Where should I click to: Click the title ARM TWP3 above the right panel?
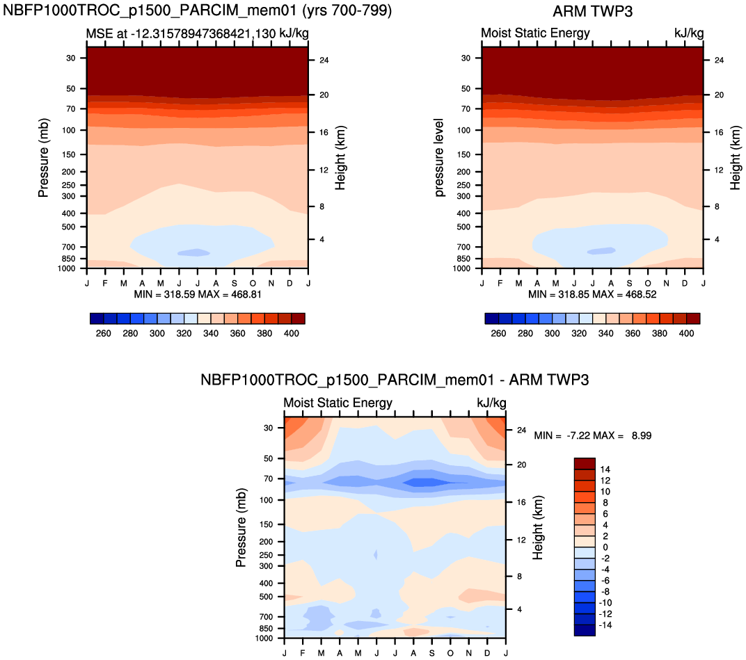pos(592,11)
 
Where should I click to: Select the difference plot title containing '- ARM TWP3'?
pos(395,380)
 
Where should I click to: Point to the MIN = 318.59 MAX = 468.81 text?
pos(198,294)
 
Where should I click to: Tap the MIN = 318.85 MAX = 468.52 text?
pos(592,294)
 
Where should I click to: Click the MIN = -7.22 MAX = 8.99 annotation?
pos(592,435)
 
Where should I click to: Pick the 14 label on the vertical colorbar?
pos(605,469)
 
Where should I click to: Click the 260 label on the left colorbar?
pos(103,333)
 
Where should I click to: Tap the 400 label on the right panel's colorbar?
pos(686,333)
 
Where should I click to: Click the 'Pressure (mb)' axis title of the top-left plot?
pos(43,158)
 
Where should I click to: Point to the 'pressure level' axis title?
pos(438,158)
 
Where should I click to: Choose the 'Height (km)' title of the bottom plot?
pos(538,528)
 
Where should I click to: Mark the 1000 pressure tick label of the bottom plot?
pos(264,638)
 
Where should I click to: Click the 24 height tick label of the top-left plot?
pos(324,60)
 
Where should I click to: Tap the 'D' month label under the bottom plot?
pos(487,653)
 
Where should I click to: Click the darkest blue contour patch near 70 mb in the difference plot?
pos(427,482)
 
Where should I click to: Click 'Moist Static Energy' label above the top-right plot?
pos(535,33)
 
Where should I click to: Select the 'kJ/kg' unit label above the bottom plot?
pos(491,403)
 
